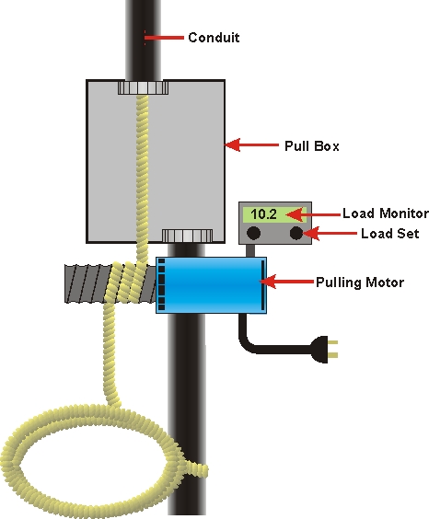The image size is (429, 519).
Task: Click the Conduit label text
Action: coord(214,38)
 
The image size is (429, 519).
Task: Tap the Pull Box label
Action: coord(312,146)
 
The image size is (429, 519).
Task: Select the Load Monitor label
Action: coord(386,213)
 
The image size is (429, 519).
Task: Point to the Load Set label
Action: coord(390,234)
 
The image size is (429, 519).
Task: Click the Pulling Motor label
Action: coord(360,283)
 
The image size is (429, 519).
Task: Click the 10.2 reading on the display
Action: coord(263,214)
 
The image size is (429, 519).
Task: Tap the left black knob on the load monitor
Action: coord(253,233)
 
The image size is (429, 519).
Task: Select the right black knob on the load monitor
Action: coord(296,233)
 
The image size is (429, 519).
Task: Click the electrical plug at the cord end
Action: coord(324,350)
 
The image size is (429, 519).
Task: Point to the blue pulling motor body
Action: coord(211,285)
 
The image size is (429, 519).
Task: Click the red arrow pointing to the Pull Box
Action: coord(251,144)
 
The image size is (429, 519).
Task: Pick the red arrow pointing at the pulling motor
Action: coord(286,282)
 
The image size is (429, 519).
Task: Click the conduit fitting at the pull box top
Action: coord(143,87)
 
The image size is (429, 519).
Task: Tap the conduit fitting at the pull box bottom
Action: coord(187,236)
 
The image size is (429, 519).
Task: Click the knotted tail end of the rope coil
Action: coord(197,469)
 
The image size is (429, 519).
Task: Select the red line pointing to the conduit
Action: coord(164,38)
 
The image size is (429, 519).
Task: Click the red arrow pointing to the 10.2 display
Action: coord(313,214)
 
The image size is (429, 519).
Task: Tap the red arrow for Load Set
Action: coord(330,233)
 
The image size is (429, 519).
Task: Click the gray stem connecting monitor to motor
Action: coord(250,250)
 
